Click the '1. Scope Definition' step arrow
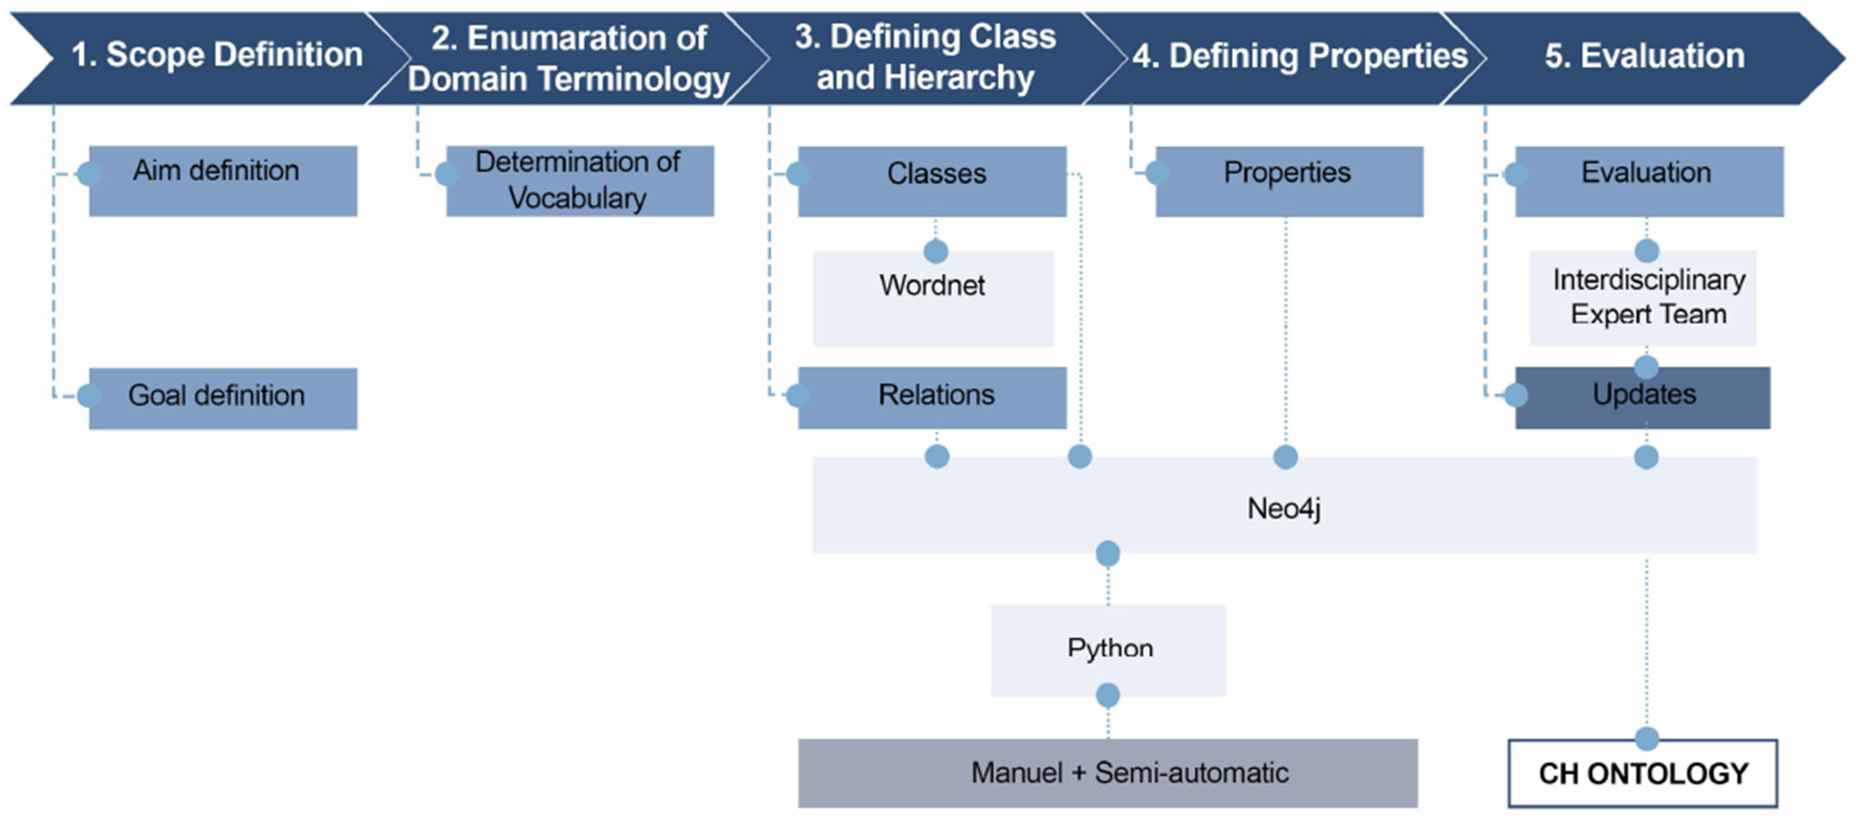coord(209,58)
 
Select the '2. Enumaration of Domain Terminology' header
coord(569,58)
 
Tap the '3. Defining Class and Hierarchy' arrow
coord(926,58)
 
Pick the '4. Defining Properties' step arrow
coord(1290,58)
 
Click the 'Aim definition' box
coord(223,181)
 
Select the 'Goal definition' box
coord(223,398)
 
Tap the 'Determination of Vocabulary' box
coord(580,181)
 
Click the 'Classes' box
coord(932,181)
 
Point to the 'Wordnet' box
coord(933,298)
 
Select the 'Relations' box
coord(932,398)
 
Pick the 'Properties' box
coord(1290,181)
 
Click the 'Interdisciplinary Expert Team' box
coord(1643,297)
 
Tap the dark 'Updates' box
coord(1643,398)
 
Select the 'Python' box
coord(1108,650)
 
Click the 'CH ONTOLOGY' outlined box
coord(1643,773)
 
